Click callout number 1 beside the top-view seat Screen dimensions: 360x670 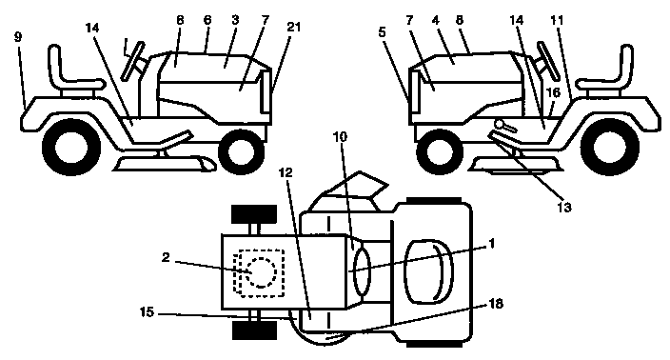[491, 243]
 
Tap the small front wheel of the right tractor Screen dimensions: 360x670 [437, 150]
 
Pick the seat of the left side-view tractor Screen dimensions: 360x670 [65, 80]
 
